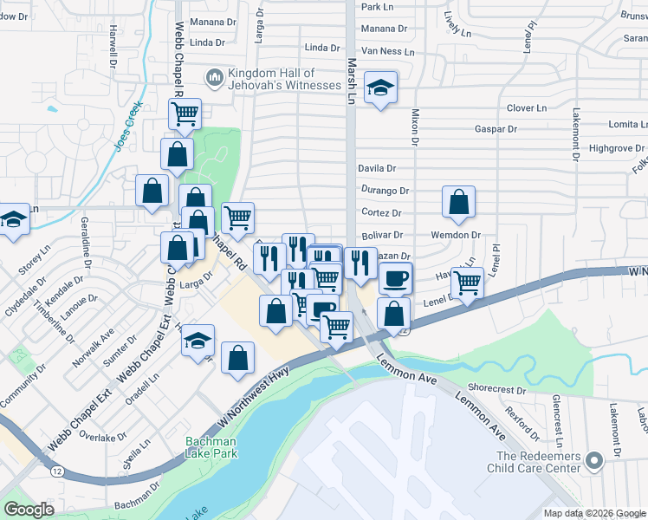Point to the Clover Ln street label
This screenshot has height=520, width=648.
click(x=527, y=108)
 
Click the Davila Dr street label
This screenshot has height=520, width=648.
click(x=377, y=168)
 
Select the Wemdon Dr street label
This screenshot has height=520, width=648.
click(x=456, y=235)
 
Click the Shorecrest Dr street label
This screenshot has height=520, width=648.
click(x=497, y=387)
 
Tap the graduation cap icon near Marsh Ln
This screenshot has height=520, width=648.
click(x=379, y=88)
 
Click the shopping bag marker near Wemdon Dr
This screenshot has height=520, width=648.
click(x=458, y=202)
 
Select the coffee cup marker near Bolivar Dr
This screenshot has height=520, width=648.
click(x=396, y=278)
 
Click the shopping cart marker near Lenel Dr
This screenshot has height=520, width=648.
click(x=467, y=282)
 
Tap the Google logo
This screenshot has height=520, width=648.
click(x=29, y=510)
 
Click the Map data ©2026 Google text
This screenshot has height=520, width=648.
click(x=593, y=513)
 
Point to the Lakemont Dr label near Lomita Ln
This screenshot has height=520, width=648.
click(x=574, y=134)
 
